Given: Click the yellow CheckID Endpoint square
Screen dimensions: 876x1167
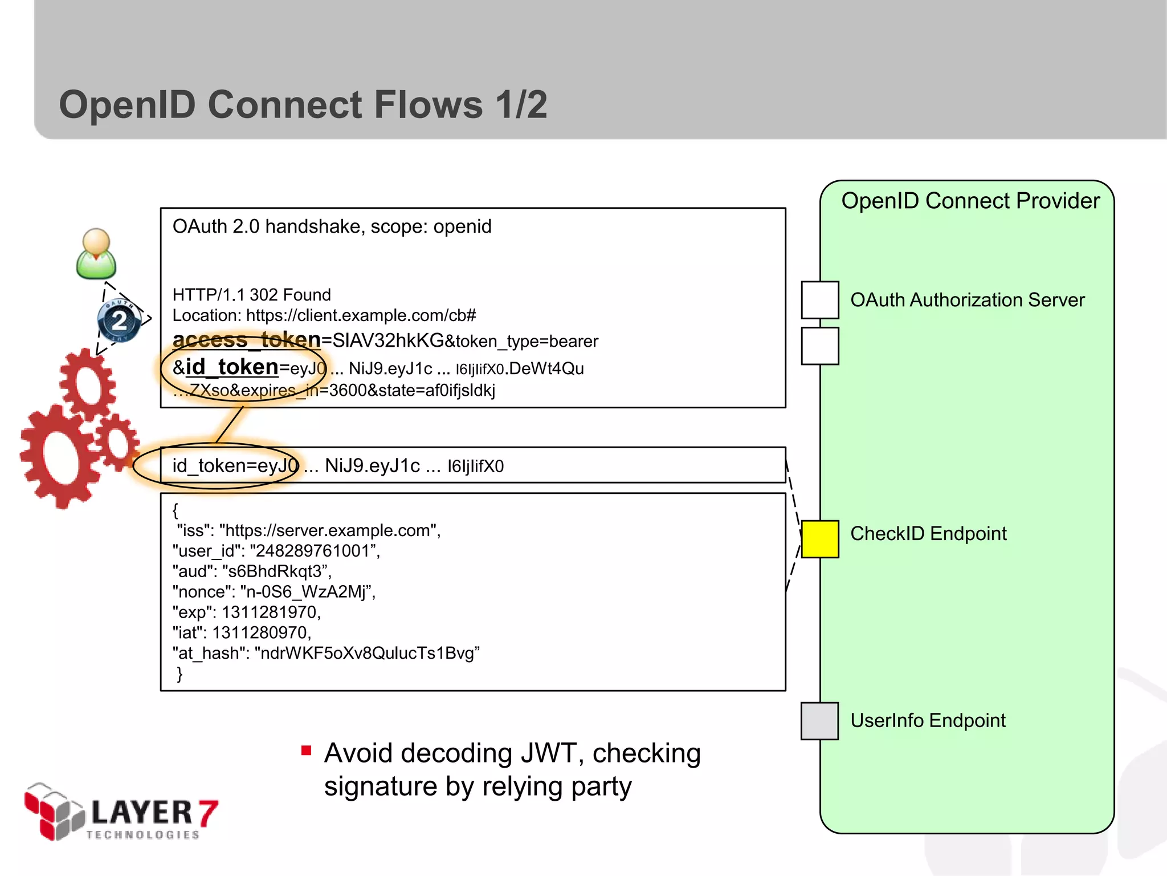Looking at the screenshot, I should click(x=819, y=539).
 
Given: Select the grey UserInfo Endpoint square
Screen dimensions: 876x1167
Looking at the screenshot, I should click(x=819, y=721).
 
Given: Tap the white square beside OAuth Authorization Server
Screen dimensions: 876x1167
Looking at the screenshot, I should click(x=819, y=299).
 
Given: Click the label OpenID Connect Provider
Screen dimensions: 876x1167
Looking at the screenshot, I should click(x=970, y=201).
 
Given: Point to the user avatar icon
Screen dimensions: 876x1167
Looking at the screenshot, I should click(x=96, y=254).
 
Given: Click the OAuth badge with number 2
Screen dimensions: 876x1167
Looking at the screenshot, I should click(x=119, y=321).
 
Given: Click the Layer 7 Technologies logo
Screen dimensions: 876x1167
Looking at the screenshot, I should click(x=121, y=813).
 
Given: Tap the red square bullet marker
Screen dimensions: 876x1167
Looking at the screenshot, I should click(x=307, y=751).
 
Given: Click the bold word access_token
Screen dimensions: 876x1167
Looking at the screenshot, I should click(x=247, y=340).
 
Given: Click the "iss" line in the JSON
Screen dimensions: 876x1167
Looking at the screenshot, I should click(x=308, y=530).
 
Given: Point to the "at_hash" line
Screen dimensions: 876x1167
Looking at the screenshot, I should click(x=326, y=653).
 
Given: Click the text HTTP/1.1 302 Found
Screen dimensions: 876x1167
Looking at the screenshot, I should click(x=251, y=295).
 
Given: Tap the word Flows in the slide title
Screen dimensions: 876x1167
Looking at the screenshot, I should click(x=428, y=105).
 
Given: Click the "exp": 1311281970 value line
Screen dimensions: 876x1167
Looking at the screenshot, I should click(x=247, y=613).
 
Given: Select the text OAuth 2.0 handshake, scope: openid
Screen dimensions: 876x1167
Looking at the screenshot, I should click(x=332, y=226).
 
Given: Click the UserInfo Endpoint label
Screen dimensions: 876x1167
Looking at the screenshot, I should click(x=928, y=721).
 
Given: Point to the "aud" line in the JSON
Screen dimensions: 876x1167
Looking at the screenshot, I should click(x=252, y=571).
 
